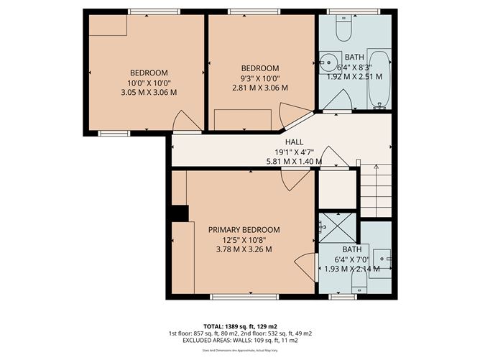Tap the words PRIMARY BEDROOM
click(x=244, y=230)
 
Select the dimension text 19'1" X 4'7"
click(x=295, y=152)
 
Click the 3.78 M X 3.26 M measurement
click(x=244, y=250)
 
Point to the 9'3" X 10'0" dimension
click(x=259, y=78)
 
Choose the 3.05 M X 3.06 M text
click(x=148, y=92)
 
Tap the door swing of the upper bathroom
click(x=336, y=101)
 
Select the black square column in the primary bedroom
click(x=179, y=214)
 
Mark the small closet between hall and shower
click(x=336, y=189)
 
